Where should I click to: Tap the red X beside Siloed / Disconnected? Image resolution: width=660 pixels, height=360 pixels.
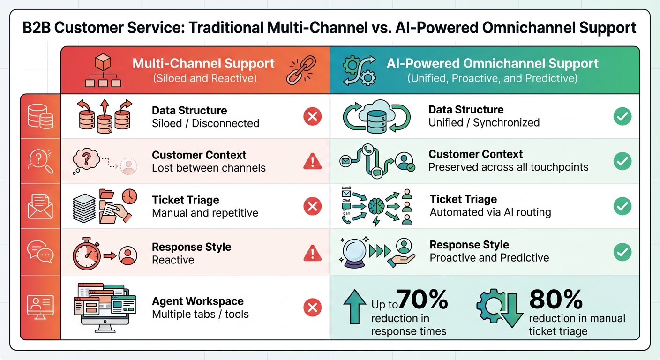pyautogui.click(x=312, y=116)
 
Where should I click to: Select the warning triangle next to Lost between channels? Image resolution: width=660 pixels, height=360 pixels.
pyautogui.click(x=312, y=162)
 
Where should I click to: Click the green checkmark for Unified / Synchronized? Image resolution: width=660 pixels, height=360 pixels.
pyautogui.click(x=622, y=116)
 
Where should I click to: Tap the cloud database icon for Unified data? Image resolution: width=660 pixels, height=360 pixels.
pyautogui.click(x=377, y=116)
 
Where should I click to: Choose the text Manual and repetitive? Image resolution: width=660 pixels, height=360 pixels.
pyautogui.click(x=205, y=213)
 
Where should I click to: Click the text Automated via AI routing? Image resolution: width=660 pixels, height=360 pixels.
pyautogui.click(x=490, y=212)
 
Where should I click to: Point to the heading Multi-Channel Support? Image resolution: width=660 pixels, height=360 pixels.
pyautogui.click(x=203, y=64)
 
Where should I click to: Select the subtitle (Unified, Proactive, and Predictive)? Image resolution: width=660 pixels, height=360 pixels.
pyautogui.click(x=492, y=78)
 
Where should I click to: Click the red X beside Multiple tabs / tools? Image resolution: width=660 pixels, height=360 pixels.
pyautogui.click(x=312, y=307)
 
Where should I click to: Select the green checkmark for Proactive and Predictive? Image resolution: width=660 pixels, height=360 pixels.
pyautogui.click(x=622, y=252)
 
